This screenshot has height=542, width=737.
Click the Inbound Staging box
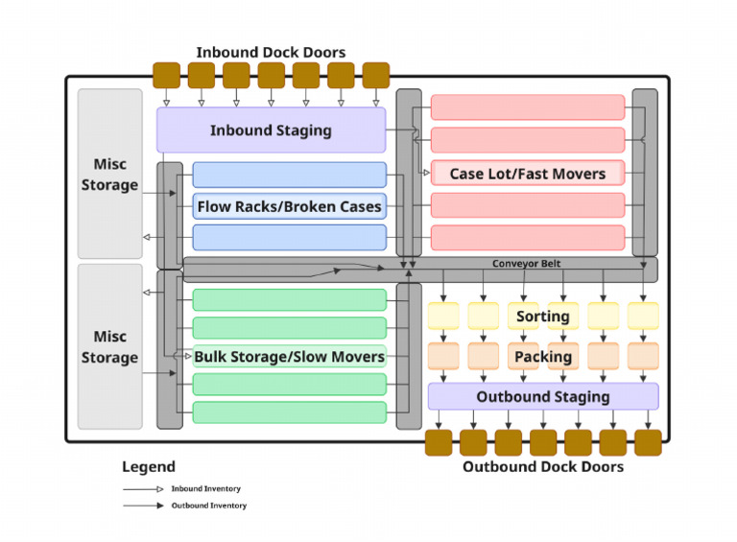click(x=271, y=130)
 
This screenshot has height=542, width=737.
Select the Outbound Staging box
click(x=543, y=396)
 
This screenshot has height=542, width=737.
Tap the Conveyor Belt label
click(x=526, y=264)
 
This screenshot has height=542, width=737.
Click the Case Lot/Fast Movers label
click(x=527, y=174)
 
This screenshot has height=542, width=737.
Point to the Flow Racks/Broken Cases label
click(x=289, y=206)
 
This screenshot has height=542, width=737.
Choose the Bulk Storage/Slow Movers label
click(x=289, y=357)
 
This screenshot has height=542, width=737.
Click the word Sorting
click(x=543, y=317)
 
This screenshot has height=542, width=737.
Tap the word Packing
click(x=543, y=357)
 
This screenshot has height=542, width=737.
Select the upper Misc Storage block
click(x=109, y=175)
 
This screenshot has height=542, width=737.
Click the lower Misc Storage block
click(x=109, y=347)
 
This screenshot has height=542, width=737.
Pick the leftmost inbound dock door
click(x=167, y=75)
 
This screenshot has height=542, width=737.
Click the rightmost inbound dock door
click(x=376, y=75)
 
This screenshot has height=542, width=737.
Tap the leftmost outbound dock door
click(x=439, y=442)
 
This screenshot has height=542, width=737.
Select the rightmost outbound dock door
click(x=648, y=442)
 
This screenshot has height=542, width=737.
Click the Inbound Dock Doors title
click(x=271, y=52)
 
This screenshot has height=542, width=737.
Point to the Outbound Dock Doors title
click(x=543, y=467)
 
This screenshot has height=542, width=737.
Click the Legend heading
click(x=149, y=467)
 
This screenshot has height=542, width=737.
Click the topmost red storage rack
click(x=527, y=107)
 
